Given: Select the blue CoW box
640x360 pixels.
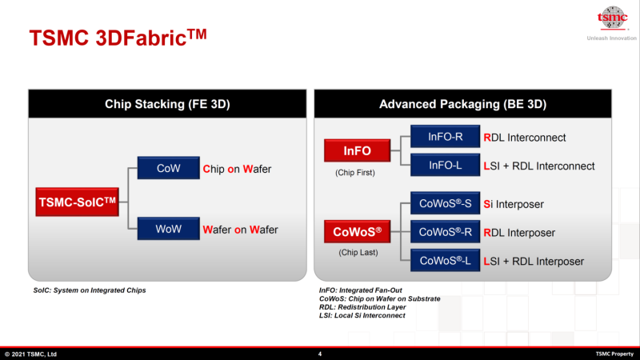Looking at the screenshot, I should coord(168,169).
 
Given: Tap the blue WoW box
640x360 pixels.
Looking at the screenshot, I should coord(168,230).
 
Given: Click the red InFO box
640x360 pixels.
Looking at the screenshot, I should coord(357,150).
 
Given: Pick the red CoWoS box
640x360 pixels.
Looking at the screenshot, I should coord(357,234).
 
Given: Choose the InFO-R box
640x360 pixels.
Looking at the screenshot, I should coord(445,137).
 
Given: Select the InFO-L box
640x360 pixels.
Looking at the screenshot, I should coord(445,166).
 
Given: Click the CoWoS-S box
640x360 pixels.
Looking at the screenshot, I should coord(445,204).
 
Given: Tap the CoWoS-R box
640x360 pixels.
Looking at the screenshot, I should coord(445,233).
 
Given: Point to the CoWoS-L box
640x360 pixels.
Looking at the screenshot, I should coord(445,261).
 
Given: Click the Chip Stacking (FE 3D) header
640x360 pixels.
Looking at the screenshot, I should coord(167,104).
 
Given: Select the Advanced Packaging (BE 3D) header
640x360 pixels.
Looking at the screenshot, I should coord(462,104).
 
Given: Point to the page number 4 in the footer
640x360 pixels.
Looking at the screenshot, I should coord(320,354).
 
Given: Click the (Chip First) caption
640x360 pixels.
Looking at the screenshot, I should coord(357,171).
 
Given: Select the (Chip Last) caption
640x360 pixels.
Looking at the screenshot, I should coord(357,254).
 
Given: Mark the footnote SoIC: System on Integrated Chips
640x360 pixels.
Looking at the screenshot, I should coord(90,290).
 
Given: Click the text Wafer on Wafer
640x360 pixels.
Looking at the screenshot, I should coord(240,230).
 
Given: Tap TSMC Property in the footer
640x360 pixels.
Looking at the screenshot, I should coord(614,354).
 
